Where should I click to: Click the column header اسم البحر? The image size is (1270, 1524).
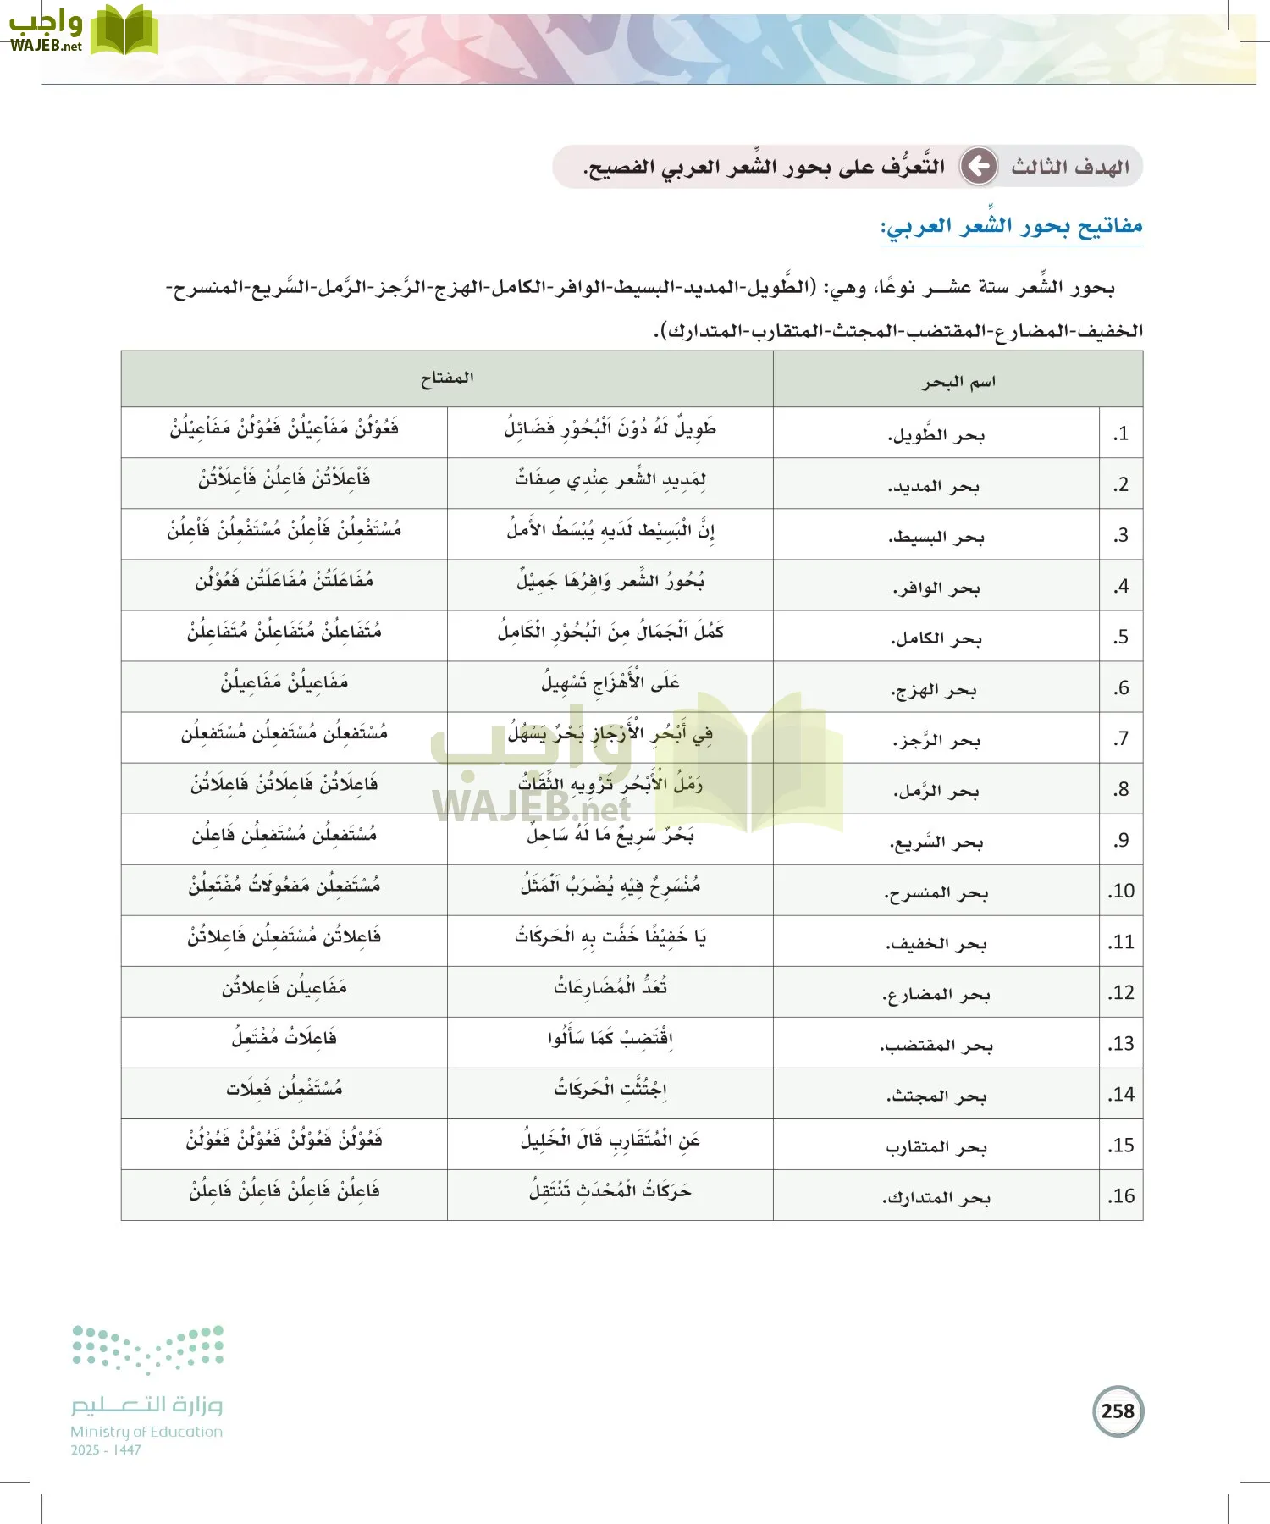point(958,381)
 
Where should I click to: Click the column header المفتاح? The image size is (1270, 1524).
point(447,378)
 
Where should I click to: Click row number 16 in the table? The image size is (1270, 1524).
point(1121,1196)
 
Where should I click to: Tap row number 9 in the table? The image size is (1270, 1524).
point(1121,840)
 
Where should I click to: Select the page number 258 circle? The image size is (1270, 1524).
point(1118,1411)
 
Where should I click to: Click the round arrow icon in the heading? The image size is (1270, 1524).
point(980,166)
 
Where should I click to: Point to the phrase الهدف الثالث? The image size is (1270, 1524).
point(1070,167)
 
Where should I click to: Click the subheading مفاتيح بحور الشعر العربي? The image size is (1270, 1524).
point(1012,226)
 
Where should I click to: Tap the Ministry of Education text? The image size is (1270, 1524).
point(146,1432)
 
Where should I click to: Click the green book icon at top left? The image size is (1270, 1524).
point(124,30)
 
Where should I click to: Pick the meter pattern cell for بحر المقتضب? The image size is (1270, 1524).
point(284,1038)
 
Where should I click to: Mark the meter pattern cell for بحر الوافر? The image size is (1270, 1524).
point(284,582)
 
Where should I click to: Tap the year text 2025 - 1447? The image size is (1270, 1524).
point(106,1450)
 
